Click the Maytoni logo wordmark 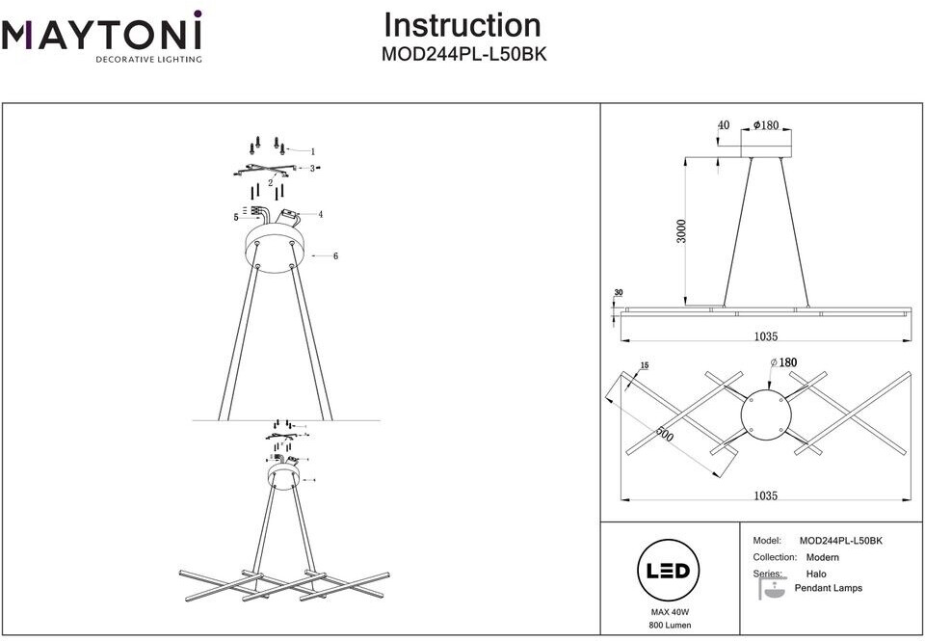(x=101, y=36)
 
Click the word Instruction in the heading (x=462, y=25)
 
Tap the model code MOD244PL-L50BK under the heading (x=464, y=54)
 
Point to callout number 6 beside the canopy (x=335, y=256)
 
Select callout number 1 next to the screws (x=313, y=151)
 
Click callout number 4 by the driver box (x=320, y=215)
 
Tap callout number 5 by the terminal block (x=236, y=217)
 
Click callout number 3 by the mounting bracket (x=312, y=169)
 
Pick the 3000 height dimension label (x=681, y=230)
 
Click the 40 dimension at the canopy (x=724, y=125)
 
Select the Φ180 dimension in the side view (x=766, y=125)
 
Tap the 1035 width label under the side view (x=766, y=336)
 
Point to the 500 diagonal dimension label (x=665, y=434)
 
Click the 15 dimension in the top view (x=645, y=366)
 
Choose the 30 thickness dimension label (x=619, y=293)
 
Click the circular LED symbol (x=668, y=571)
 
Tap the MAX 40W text (x=670, y=613)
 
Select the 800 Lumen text (x=670, y=625)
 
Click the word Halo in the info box (x=816, y=574)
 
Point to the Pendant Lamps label (x=829, y=588)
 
